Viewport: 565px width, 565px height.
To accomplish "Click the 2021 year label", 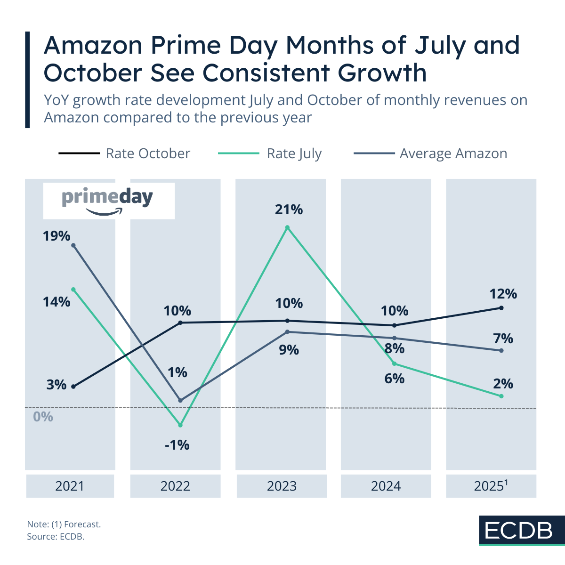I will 70,486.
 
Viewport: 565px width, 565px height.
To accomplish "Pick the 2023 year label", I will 282,486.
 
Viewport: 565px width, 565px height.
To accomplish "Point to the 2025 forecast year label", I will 491,486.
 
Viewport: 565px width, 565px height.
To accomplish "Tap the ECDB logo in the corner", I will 518,531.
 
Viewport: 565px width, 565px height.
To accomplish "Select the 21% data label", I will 289,210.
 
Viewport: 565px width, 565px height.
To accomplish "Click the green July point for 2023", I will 288,227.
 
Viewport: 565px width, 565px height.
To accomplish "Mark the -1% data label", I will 177,444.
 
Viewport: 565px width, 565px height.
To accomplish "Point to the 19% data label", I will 56,236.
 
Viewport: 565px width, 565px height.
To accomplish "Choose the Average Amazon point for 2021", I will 73,245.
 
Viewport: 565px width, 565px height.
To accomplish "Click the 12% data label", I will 503,294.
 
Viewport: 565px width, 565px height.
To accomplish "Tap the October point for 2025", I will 501,308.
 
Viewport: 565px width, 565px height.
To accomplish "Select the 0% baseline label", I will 43,417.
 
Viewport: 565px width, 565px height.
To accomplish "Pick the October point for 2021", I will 73,387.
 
